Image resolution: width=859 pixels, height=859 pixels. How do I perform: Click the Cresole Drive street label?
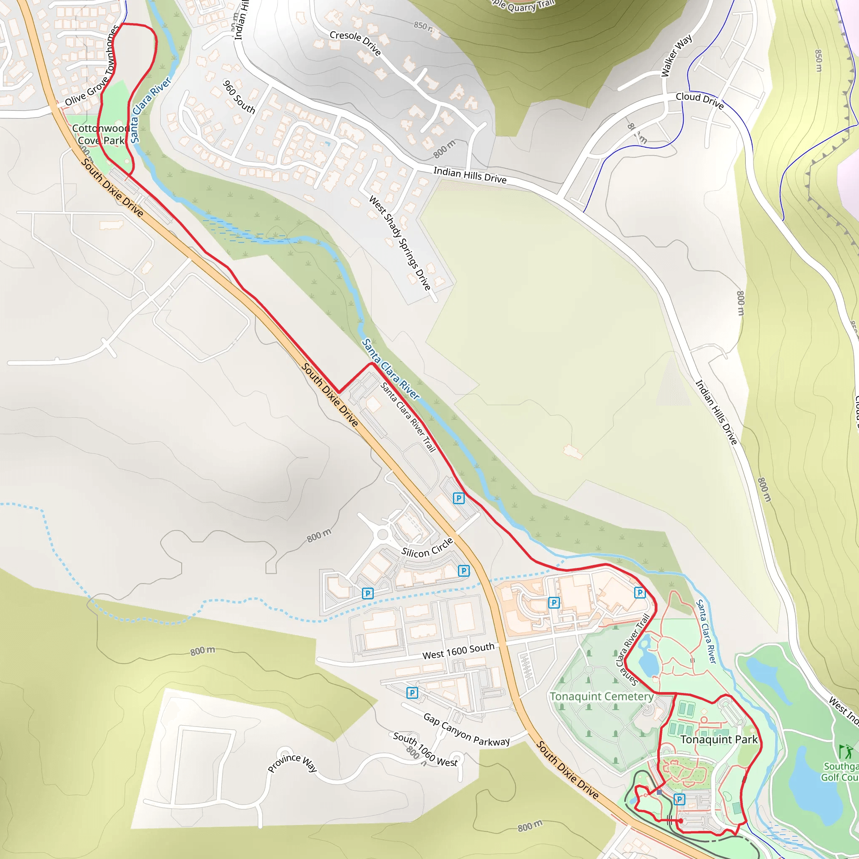point(355,43)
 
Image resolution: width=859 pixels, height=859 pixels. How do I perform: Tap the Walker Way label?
point(676,56)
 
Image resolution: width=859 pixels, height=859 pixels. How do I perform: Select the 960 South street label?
point(239,96)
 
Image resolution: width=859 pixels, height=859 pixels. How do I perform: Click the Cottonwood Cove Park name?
point(101,134)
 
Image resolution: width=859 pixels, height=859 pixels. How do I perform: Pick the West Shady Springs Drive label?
point(400,243)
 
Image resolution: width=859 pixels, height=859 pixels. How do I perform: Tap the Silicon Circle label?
point(427,547)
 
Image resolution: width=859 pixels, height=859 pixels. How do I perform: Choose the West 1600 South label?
point(458,651)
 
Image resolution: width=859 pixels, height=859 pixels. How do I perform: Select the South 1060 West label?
point(425,750)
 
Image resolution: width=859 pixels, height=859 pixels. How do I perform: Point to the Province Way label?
point(292,763)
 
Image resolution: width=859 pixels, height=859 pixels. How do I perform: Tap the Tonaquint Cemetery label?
point(601,696)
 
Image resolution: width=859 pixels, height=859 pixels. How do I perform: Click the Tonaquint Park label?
point(718,739)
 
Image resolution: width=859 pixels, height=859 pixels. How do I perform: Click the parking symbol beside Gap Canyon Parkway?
point(412,693)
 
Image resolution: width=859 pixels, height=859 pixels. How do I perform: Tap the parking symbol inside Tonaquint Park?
point(679,799)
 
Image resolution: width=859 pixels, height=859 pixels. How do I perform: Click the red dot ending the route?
point(681,821)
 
